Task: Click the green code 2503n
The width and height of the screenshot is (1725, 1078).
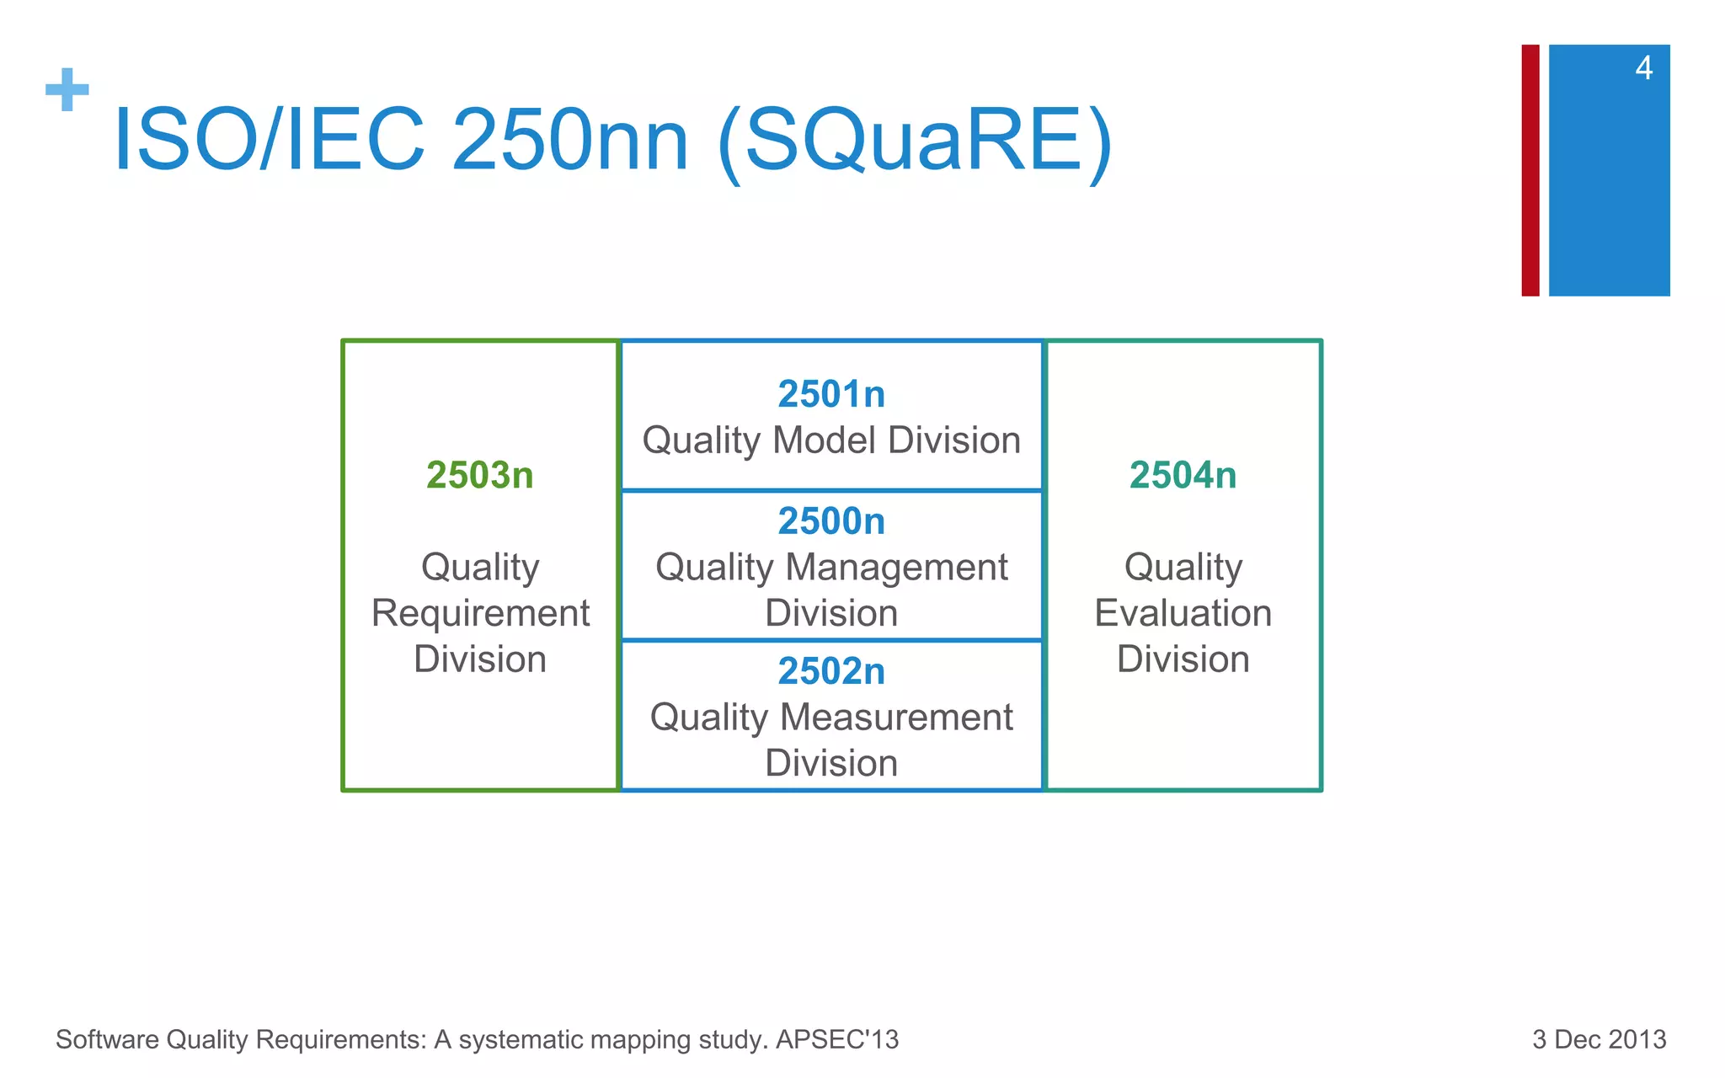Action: tap(479, 476)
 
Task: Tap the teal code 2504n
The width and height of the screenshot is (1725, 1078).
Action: tap(1183, 476)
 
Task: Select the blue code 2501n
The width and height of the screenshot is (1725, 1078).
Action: tap(831, 394)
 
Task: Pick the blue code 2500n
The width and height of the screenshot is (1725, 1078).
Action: tap(831, 521)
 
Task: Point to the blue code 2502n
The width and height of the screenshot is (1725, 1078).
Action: tap(831, 671)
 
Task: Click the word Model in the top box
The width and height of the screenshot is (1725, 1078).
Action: tap(825, 440)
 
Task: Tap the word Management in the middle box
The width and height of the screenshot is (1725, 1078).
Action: tap(896, 568)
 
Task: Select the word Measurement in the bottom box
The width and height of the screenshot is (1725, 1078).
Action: tap(896, 718)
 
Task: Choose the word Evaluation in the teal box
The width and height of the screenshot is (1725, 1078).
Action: tap(1183, 613)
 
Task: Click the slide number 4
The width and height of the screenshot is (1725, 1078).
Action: tap(1643, 68)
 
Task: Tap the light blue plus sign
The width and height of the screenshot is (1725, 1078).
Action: tap(67, 89)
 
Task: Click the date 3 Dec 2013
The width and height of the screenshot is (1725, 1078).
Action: tap(1599, 1039)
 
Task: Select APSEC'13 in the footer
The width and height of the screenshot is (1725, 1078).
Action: tap(837, 1039)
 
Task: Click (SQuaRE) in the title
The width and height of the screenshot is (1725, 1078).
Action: tap(916, 141)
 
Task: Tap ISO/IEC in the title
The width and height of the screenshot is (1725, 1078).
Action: tap(270, 141)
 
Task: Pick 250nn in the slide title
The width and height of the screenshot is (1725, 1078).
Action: tap(570, 141)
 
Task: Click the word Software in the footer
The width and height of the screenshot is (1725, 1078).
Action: tap(107, 1039)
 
